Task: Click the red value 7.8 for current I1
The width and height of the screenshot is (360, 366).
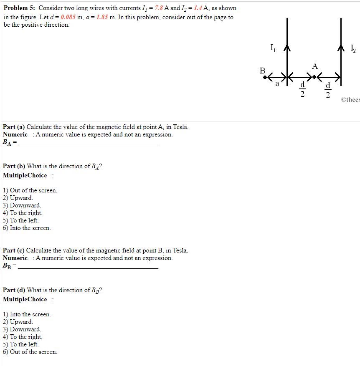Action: coord(158,8)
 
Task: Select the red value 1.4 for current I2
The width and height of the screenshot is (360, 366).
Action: coord(198,8)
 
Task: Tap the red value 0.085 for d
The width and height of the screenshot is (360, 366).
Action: coord(68,18)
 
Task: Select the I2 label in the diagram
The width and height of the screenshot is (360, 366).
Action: coord(353,48)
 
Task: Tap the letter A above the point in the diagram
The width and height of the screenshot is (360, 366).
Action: coord(314,66)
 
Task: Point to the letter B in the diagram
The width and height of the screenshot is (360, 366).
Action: coord(262,71)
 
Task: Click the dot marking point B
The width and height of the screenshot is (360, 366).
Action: coord(265,77)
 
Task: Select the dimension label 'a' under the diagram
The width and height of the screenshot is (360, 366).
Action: coord(276,83)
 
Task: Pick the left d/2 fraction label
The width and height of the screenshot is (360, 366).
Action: coord(303,90)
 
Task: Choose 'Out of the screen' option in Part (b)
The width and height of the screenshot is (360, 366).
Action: coord(33,190)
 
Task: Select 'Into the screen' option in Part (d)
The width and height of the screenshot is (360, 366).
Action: coord(30,314)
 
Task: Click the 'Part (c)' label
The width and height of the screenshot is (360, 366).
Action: coord(14,250)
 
